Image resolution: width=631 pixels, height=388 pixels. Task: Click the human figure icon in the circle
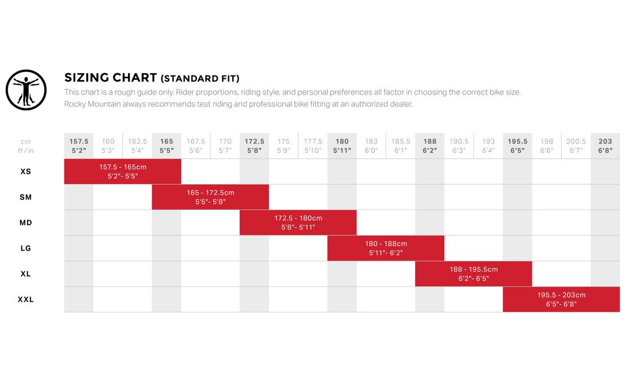[x=25, y=90]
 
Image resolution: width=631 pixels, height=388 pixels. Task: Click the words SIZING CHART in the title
[x=110, y=78]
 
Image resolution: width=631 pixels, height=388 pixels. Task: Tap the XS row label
[x=25, y=171]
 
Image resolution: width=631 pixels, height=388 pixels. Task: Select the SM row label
[x=25, y=197]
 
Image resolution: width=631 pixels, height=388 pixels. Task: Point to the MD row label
[x=25, y=222]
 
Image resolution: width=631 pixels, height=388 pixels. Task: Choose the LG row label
[x=25, y=248]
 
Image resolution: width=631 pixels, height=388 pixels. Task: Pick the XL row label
[x=25, y=274]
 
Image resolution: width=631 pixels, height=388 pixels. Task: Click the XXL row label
[x=25, y=300]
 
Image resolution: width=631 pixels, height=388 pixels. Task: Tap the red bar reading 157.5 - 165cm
[x=122, y=171]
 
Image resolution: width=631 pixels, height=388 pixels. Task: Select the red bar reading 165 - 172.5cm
[x=210, y=197]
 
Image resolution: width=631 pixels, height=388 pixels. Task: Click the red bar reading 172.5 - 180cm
[x=298, y=222]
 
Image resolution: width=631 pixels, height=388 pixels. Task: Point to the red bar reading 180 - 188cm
[x=386, y=248]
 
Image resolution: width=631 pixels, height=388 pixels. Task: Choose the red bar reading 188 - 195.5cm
[x=474, y=274]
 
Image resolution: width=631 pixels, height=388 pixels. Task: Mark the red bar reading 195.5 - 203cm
[x=561, y=300]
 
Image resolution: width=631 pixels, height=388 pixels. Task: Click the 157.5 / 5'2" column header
[x=79, y=146]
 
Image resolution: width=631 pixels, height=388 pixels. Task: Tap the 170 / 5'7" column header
[x=225, y=146]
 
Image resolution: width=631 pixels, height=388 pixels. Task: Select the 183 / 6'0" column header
[x=371, y=146]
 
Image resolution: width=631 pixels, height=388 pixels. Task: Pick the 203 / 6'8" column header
[x=605, y=146]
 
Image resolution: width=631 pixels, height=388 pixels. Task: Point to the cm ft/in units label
[x=25, y=146]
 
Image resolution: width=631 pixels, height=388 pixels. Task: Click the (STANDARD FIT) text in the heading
[x=200, y=78]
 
